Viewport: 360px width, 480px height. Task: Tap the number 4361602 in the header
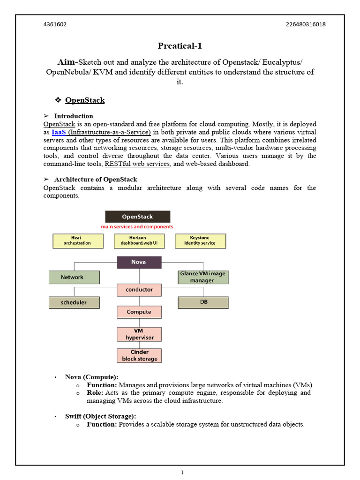tap(55, 25)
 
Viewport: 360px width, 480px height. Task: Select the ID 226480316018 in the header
tap(305, 25)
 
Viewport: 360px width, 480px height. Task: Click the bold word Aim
tap(66, 62)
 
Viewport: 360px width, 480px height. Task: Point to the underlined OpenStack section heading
tap(85, 100)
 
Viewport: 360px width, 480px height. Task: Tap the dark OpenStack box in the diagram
tap(137, 217)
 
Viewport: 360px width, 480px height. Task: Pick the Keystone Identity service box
tap(200, 240)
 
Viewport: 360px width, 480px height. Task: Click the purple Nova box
tap(139, 262)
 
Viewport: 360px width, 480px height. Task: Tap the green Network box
tap(74, 277)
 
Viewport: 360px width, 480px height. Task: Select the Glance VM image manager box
tap(203, 277)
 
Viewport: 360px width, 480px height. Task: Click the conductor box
tap(139, 290)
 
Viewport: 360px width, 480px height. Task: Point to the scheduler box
tap(74, 302)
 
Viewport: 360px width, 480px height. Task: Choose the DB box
tap(203, 302)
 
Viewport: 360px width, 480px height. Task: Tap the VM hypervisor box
tap(139, 334)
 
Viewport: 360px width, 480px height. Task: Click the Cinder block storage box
tap(139, 355)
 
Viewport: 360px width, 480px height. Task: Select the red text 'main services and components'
tap(137, 227)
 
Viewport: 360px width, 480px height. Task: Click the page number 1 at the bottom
tap(182, 472)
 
